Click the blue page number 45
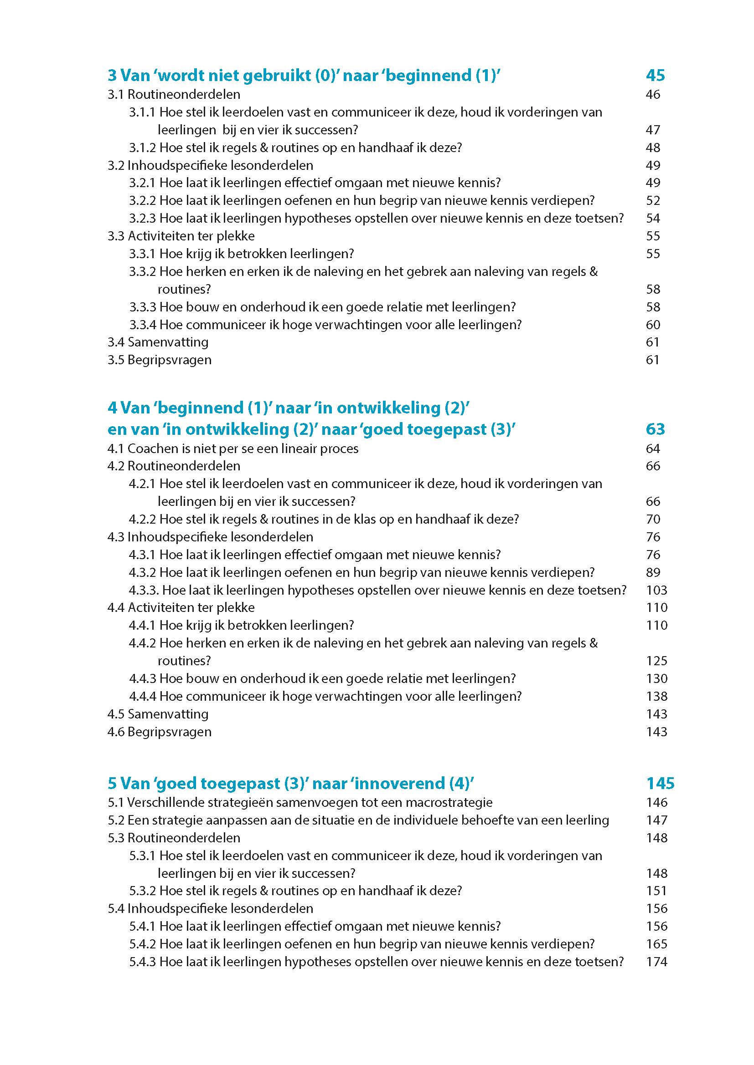click(655, 75)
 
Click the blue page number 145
click(660, 784)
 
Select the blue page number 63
click(655, 429)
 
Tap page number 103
click(656, 590)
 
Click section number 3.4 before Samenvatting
click(116, 342)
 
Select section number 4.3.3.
click(144, 590)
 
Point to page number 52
click(653, 200)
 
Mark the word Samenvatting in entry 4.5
click(168, 714)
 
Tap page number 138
click(656, 696)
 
